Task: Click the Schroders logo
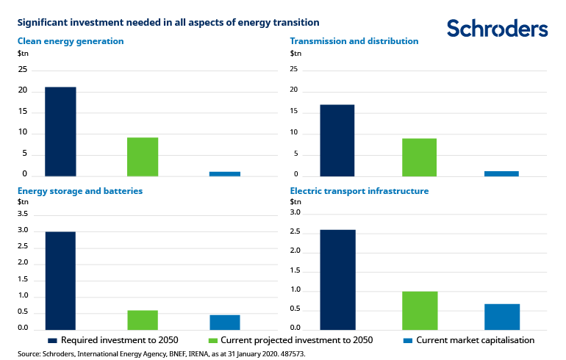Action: (x=498, y=28)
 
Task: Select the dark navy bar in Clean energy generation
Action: (x=60, y=132)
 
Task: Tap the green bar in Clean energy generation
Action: (x=143, y=156)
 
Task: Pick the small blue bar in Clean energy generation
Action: (x=225, y=173)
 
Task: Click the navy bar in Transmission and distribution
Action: (x=337, y=140)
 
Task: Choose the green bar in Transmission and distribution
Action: (x=420, y=157)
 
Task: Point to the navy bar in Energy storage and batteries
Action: (x=60, y=281)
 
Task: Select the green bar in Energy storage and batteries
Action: (x=143, y=320)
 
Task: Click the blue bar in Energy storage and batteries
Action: (x=225, y=323)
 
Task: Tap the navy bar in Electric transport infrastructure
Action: (x=337, y=280)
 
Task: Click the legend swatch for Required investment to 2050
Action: (x=51, y=340)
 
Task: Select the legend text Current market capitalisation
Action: (x=475, y=340)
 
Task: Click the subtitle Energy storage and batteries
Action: (x=80, y=190)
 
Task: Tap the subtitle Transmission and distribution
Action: (x=354, y=41)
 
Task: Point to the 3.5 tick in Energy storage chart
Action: (x=22, y=214)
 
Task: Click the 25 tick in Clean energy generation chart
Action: (x=23, y=70)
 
